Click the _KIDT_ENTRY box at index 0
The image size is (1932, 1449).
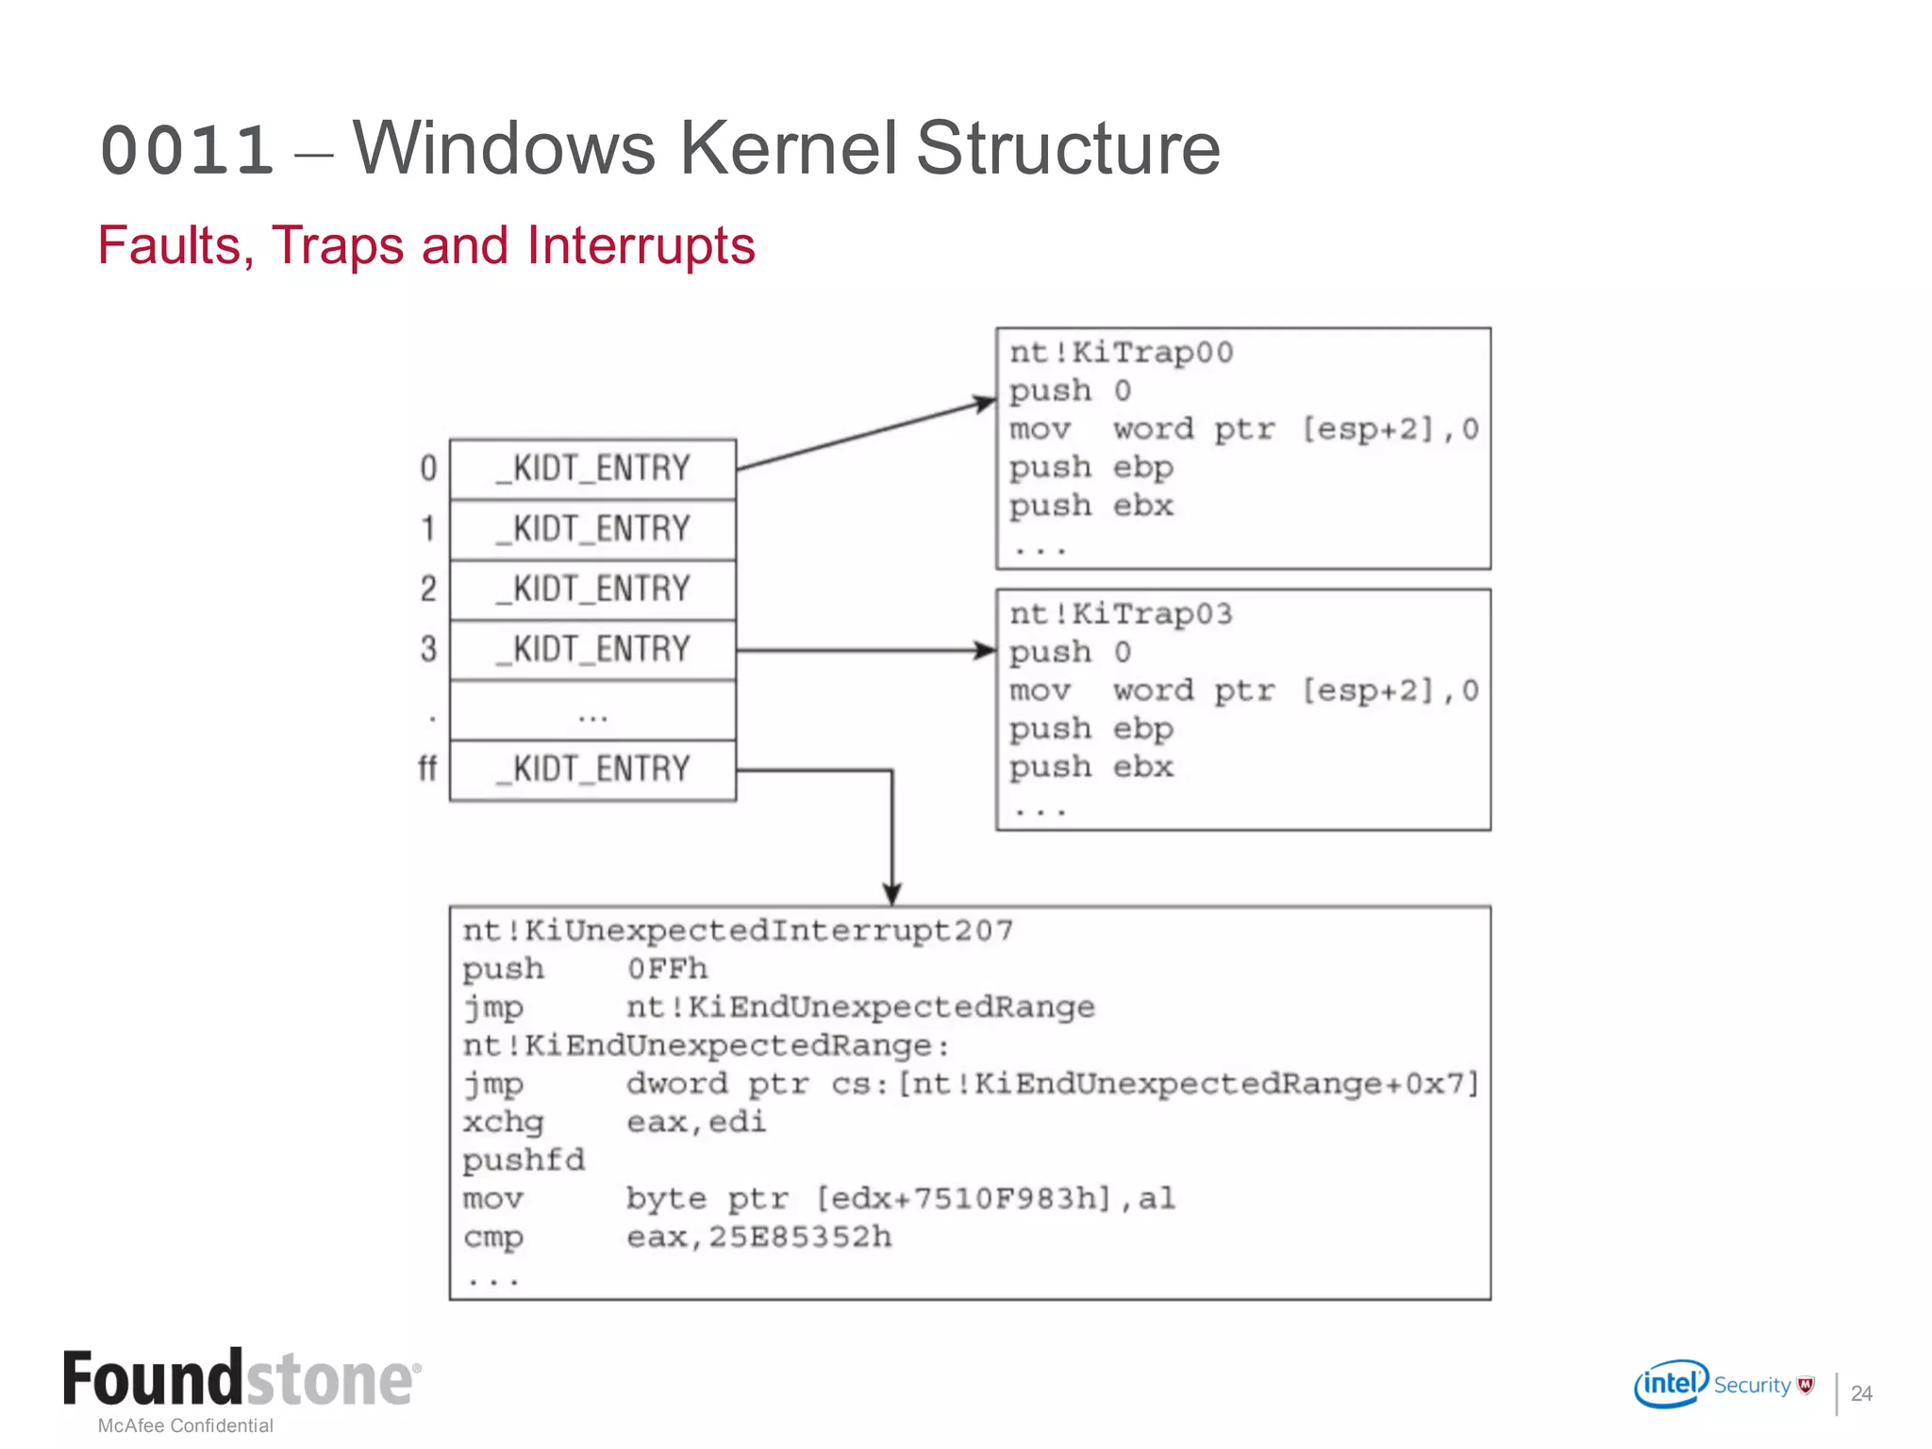pos(592,469)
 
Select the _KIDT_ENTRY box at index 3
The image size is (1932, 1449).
pos(592,650)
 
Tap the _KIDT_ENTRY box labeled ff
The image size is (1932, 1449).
pos(592,770)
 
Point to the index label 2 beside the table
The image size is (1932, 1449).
pos(428,590)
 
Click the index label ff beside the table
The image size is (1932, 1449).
pos(427,769)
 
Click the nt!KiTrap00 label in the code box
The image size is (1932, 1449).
pos(1121,353)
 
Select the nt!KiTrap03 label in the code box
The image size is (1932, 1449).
pos(1121,614)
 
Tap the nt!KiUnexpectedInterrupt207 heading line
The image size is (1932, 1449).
pos(738,931)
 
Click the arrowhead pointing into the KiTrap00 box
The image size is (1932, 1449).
pos(985,405)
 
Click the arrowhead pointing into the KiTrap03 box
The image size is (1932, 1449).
pos(985,650)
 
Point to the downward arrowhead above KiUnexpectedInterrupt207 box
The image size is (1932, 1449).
pos(891,892)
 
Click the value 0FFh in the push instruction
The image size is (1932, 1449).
pos(667,969)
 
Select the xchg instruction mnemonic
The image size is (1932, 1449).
pos(503,1123)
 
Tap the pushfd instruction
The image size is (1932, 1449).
pos(524,1160)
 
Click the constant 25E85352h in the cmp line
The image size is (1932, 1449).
pos(800,1237)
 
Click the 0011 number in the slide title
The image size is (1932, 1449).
pos(187,151)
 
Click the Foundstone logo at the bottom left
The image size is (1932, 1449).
pos(241,1379)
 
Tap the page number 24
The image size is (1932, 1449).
pos(1860,1393)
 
